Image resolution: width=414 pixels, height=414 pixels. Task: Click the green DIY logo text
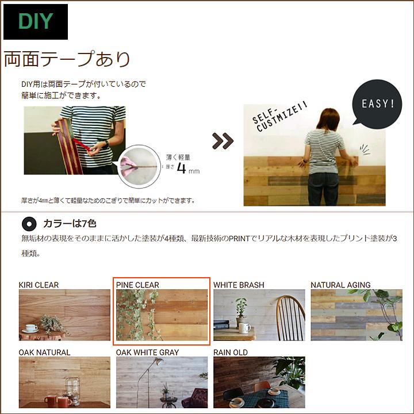click(x=36, y=22)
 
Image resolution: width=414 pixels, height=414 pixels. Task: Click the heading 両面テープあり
click(x=67, y=59)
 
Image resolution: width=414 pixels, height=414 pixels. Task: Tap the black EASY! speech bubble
click(x=377, y=104)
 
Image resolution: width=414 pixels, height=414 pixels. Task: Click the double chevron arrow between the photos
click(x=223, y=140)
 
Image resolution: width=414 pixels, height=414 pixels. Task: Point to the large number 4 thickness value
click(x=182, y=168)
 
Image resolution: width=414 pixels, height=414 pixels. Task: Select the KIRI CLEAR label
click(x=39, y=285)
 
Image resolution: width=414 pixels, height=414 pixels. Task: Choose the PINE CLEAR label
click(x=137, y=285)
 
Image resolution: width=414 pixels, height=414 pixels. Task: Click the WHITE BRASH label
click(x=239, y=285)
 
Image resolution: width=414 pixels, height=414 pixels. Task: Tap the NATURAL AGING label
click(x=340, y=285)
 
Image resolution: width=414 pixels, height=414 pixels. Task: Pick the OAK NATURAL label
click(x=44, y=352)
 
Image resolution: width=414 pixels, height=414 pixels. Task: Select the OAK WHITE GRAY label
click(x=147, y=352)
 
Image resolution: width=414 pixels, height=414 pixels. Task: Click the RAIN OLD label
click(x=231, y=352)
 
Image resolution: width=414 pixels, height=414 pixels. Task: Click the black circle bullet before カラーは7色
click(x=28, y=224)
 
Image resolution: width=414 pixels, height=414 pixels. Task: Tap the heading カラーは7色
click(x=65, y=224)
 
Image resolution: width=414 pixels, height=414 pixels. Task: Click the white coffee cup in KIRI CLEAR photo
click(x=31, y=328)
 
